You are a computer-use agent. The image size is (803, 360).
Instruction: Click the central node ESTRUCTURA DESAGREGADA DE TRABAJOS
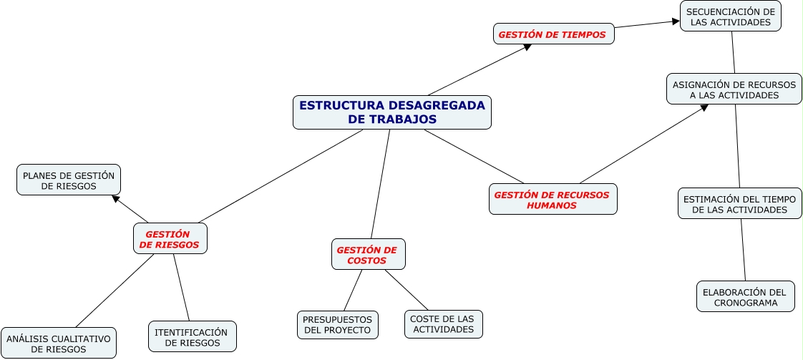coord(392,112)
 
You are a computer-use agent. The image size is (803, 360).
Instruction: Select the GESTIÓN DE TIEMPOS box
coord(553,34)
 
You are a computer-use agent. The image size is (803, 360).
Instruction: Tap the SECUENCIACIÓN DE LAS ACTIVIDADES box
coord(730,16)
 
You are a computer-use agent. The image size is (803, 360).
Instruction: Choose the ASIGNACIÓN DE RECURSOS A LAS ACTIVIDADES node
coord(734,89)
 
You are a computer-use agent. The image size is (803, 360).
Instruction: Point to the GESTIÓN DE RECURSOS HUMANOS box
coord(553,200)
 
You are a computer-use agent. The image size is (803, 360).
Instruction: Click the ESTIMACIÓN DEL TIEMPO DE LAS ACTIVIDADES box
coord(740,204)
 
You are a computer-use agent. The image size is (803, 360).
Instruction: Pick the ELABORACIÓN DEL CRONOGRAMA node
coord(745,297)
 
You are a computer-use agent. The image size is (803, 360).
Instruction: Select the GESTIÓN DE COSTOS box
coord(368,255)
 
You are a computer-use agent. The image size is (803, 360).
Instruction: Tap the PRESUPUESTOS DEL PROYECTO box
coord(337,325)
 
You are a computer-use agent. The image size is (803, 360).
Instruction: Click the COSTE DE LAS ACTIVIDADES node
coord(444,324)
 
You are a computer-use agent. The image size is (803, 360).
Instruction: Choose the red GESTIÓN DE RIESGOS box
coord(170,238)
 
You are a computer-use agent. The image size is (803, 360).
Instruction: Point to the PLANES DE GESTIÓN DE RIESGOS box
coord(69,180)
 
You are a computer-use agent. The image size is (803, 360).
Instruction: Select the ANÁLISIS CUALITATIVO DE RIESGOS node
coord(59,344)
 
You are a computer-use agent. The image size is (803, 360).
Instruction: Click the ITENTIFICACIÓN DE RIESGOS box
coord(192,337)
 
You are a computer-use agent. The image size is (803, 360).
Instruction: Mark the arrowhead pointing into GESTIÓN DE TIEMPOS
coord(527,47)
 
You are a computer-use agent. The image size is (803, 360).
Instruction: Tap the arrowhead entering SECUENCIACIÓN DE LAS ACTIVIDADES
coord(675,21)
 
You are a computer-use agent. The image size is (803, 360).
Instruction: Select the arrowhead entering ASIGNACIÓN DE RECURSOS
coord(704,107)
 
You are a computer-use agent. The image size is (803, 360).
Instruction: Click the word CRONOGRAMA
coord(746,303)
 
